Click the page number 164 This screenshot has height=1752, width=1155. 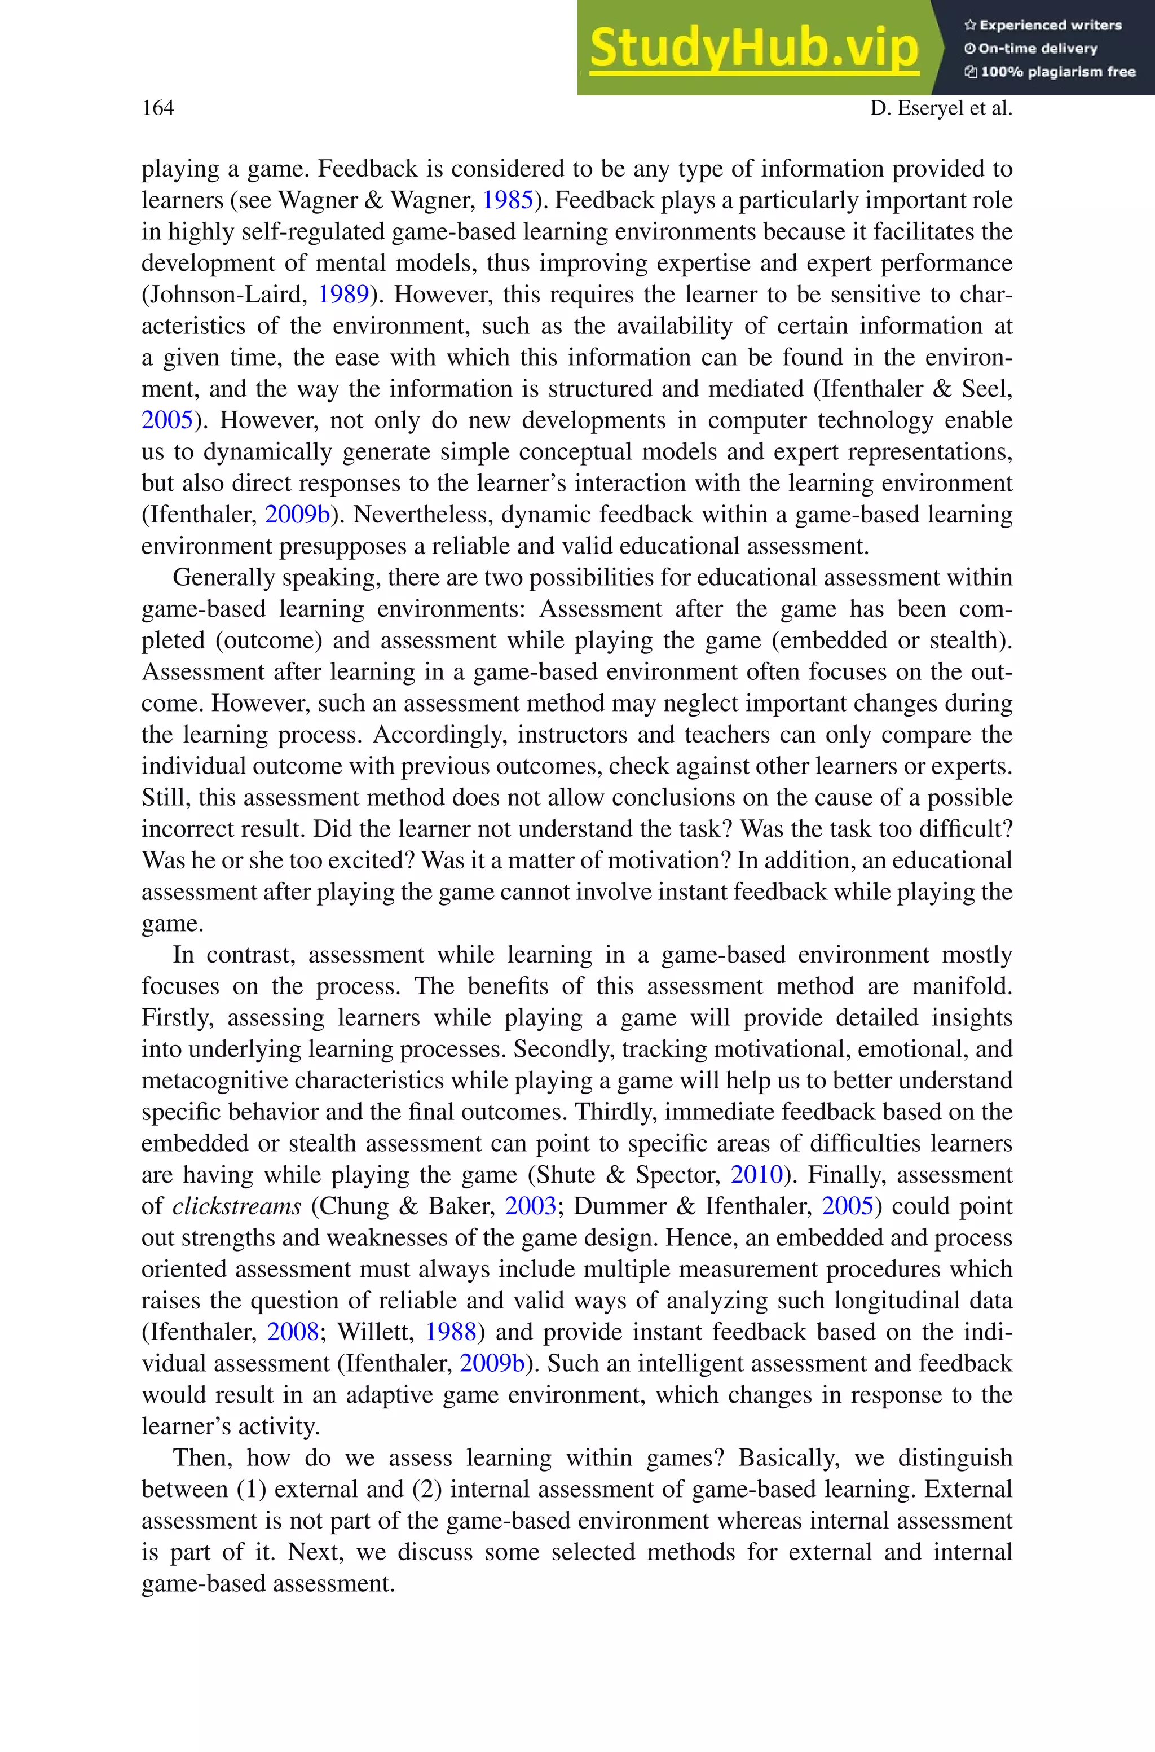click(x=158, y=108)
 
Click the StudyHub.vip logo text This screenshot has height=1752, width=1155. click(x=753, y=49)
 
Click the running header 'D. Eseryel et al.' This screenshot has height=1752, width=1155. click(x=941, y=108)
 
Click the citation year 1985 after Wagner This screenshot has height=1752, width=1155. click(x=507, y=200)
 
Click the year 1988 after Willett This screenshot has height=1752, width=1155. click(x=450, y=1332)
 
